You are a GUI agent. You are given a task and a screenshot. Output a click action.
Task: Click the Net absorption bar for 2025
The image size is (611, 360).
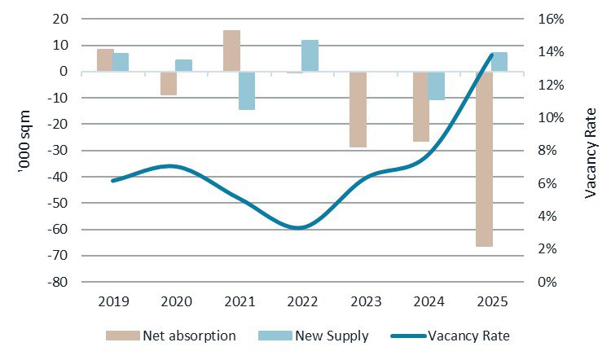pos(484,159)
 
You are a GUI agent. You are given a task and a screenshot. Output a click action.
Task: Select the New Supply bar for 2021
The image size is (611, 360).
pos(247,90)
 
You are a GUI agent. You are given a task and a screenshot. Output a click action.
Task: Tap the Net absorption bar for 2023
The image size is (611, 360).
pos(358,109)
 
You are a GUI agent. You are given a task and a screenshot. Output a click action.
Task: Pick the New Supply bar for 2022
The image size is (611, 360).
pos(310,55)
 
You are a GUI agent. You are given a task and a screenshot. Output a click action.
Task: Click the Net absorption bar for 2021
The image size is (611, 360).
pos(231,50)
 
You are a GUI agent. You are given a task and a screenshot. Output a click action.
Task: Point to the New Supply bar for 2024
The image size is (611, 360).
pos(436,86)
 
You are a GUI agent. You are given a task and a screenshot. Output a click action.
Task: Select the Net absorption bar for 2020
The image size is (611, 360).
pos(169,83)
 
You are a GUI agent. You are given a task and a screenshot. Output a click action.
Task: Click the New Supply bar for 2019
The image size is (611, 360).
pos(121,62)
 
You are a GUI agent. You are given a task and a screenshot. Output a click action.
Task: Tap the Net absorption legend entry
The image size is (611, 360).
pos(171,335)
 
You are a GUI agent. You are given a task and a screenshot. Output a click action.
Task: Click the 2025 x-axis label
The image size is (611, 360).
pos(491,301)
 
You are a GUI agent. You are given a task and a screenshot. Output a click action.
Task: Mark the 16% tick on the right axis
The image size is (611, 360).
pos(550,19)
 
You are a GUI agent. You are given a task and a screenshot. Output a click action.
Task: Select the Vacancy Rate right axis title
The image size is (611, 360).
pos(592,150)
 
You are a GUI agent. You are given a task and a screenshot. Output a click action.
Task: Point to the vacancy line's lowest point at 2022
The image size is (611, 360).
pos(299,227)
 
